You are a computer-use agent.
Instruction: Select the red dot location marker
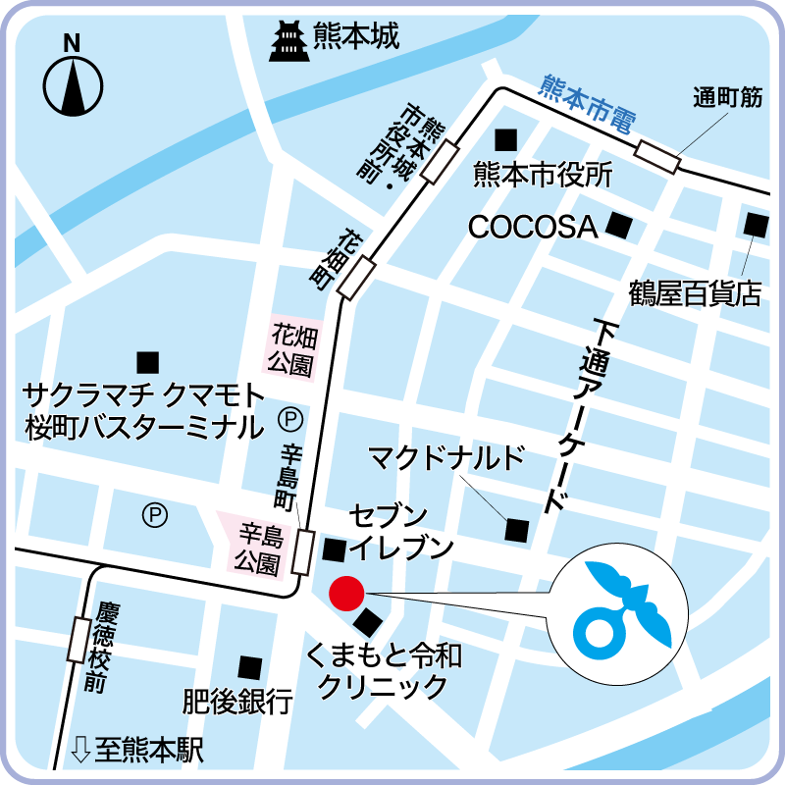345,593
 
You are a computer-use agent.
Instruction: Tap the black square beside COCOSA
618,226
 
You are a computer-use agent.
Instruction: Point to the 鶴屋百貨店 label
695,293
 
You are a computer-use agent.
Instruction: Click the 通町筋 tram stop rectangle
657,156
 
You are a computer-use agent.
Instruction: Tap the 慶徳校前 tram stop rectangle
78,638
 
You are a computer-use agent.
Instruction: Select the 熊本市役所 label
543,175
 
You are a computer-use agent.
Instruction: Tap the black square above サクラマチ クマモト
147,360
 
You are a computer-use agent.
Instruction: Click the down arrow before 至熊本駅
81,752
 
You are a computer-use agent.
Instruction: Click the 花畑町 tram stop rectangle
357,277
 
